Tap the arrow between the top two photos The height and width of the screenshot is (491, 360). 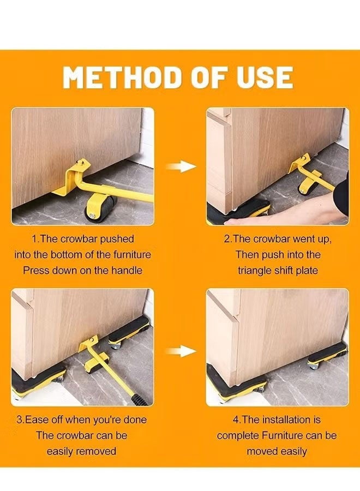(x=180, y=166)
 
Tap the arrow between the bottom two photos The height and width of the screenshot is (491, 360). (x=180, y=351)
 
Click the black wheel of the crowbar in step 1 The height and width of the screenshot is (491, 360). (x=100, y=208)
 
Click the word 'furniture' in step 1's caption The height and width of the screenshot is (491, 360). (x=130, y=254)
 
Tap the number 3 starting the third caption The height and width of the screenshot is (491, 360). (x=20, y=420)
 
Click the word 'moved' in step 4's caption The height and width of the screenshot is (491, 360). (x=263, y=451)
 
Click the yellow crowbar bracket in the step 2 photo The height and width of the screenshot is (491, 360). (x=303, y=166)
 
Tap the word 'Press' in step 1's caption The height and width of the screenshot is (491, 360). (x=35, y=270)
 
